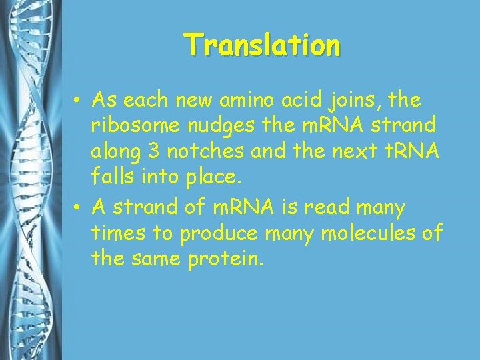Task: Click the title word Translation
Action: coord(263,45)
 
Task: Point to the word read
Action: coord(327,208)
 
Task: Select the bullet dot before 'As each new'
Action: coord(78,101)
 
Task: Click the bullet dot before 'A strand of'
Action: coord(78,209)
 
